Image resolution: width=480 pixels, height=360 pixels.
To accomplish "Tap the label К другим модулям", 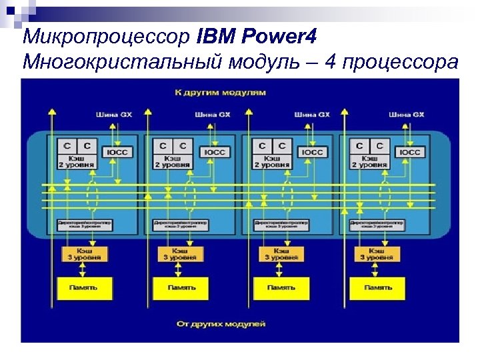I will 219,91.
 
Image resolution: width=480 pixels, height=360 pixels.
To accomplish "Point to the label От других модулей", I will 221,324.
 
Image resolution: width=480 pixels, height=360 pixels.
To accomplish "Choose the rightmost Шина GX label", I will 407,115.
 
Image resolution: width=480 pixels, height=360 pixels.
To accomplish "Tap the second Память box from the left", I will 181,288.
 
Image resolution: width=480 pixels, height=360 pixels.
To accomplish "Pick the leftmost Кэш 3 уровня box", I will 83,253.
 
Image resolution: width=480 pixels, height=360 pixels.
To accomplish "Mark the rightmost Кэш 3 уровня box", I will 376,253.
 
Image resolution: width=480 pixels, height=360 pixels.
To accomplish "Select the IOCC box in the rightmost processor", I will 410,153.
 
